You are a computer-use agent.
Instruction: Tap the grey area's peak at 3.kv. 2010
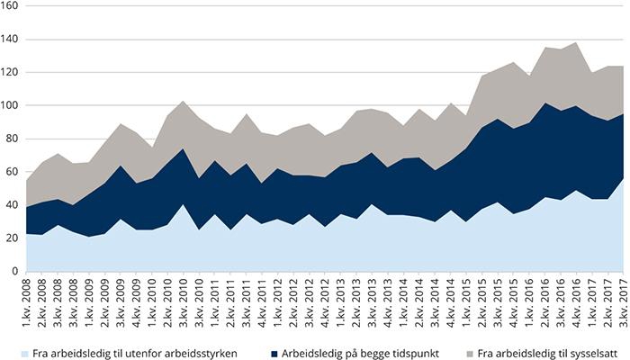(x=183, y=102)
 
